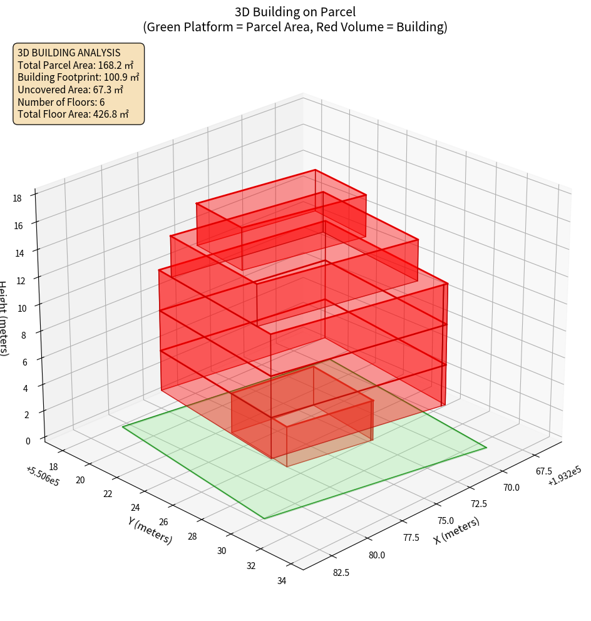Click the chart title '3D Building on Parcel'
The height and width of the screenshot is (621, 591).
(x=295, y=11)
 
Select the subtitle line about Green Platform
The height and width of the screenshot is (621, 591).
(x=295, y=27)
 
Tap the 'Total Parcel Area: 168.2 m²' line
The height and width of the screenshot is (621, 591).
(x=76, y=65)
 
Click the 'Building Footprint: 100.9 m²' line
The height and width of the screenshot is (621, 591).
(x=78, y=77)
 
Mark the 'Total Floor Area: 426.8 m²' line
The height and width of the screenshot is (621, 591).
(x=73, y=114)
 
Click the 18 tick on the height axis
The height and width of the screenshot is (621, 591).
(x=17, y=198)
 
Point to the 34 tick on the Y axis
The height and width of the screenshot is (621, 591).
(x=281, y=581)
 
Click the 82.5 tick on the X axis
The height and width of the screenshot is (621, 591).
(x=341, y=572)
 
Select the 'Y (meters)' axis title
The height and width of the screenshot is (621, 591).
(x=150, y=530)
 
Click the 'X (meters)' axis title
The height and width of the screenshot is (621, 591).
(x=456, y=531)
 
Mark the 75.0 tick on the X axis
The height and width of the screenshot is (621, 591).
(x=445, y=520)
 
